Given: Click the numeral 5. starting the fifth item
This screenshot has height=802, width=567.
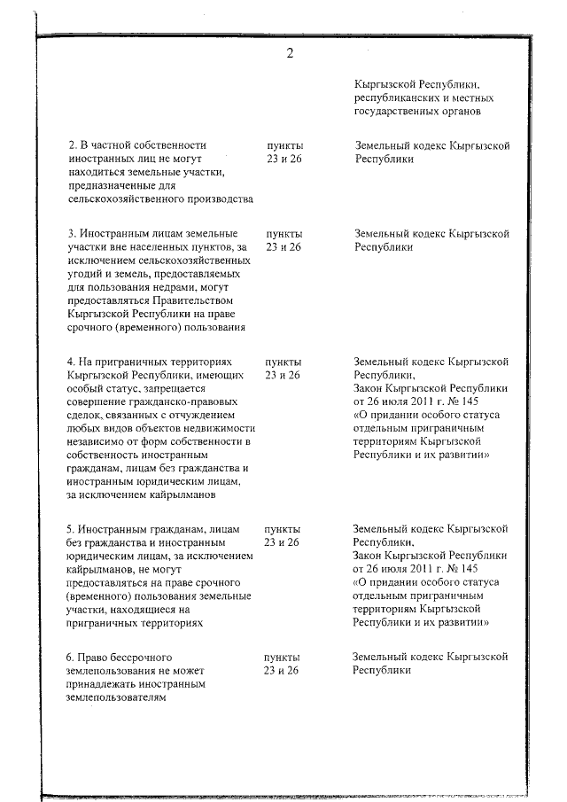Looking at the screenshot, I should point(73,528).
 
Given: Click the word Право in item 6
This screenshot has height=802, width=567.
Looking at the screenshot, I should point(96,658).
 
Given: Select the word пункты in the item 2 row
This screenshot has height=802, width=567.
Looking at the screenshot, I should point(283,144).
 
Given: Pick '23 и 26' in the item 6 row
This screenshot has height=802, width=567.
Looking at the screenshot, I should point(283,671).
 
